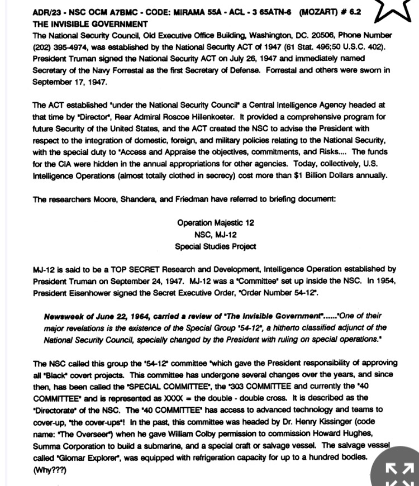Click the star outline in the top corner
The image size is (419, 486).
coord(398,12)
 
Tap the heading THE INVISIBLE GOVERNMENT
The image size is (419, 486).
coord(90,24)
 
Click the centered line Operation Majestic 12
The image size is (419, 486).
coord(215,222)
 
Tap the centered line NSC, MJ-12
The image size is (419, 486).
coord(215,234)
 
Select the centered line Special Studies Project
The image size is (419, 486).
coord(215,246)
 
